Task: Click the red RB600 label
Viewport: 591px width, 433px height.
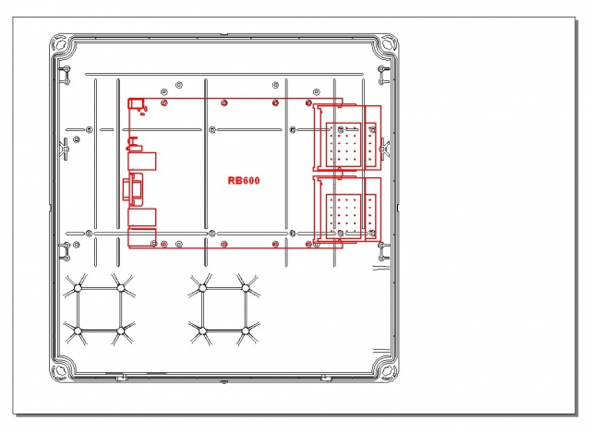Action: coord(244,181)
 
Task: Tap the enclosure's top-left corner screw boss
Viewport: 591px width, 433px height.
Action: coord(60,43)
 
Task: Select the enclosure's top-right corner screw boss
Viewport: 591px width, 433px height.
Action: coord(388,43)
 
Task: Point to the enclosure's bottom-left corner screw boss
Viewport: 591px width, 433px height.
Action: coord(60,371)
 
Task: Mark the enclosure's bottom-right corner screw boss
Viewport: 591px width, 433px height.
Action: coord(388,371)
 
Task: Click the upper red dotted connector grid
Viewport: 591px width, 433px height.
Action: coord(344,144)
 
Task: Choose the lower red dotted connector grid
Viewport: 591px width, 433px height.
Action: coord(344,216)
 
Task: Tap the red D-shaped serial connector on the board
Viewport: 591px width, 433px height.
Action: coord(133,189)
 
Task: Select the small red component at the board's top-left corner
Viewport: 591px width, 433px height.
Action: coord(136,103)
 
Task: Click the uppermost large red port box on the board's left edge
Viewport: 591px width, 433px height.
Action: coord(142,162)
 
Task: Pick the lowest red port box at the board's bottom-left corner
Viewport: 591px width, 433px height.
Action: coord(142,238)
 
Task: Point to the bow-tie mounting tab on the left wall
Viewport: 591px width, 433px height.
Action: coord(65,150)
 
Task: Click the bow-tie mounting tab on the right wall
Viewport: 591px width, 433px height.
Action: coord(384,150)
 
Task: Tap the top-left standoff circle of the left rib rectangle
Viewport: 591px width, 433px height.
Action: coord(78,288)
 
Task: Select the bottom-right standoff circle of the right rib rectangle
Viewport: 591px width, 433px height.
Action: coord(246,331)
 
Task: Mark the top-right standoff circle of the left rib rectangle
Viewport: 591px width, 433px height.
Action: coord(121,288)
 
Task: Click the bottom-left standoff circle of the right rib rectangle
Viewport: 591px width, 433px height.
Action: coord(202,331)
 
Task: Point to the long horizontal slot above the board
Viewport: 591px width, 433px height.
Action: coord(224,75)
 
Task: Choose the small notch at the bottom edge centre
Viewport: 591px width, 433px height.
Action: coord(223,382)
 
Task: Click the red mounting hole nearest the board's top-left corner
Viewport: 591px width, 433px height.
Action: coord(164,102)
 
